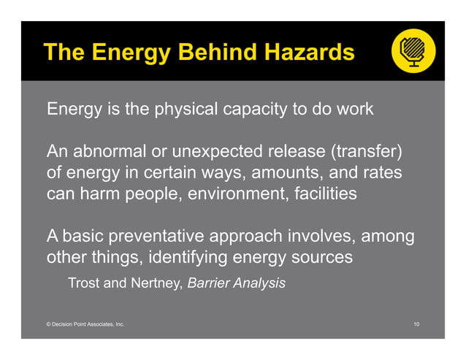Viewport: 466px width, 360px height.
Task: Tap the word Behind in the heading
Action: click(202, 53)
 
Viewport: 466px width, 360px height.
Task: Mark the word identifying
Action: click(187, 258)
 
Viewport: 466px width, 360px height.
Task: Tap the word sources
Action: click(324, 258)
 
